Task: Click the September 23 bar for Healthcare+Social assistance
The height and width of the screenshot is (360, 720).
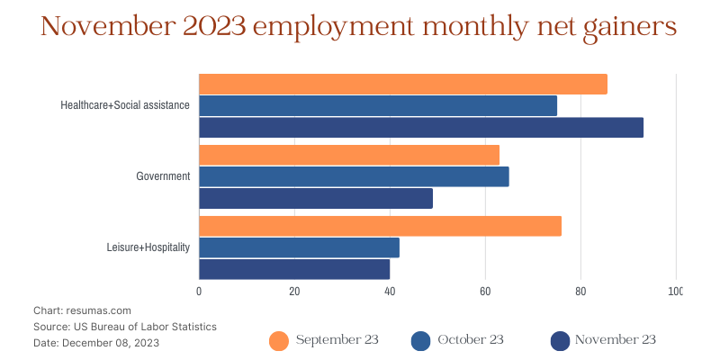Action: (402, 84)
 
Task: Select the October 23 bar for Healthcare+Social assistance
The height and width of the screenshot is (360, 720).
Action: (377, 105)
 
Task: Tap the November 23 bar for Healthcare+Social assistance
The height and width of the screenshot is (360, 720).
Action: (420, 127)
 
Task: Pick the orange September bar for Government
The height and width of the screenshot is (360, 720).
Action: (348, 155)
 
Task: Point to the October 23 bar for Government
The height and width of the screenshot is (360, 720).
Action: (353, 176)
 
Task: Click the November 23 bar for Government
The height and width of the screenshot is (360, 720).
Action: (315, 198)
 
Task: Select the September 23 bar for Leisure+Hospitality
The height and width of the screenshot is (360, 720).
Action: (380, 226)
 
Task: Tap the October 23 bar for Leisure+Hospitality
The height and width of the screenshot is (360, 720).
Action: (299, 247)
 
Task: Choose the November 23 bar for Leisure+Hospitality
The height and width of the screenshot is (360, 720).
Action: (293, 269)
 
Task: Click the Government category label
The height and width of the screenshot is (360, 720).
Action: (163, 176)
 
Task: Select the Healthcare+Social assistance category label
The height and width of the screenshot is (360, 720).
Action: (125, 105)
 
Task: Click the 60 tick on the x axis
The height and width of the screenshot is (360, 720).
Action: (485, 292)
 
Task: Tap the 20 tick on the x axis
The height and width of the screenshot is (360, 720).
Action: (294, 292)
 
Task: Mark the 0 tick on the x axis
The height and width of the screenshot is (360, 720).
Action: (199, 292)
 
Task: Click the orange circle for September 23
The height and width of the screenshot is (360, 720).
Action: (279, 340)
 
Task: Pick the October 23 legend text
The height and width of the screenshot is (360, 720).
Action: (470, 339)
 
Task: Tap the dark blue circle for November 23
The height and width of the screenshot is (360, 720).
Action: (560, 340)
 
